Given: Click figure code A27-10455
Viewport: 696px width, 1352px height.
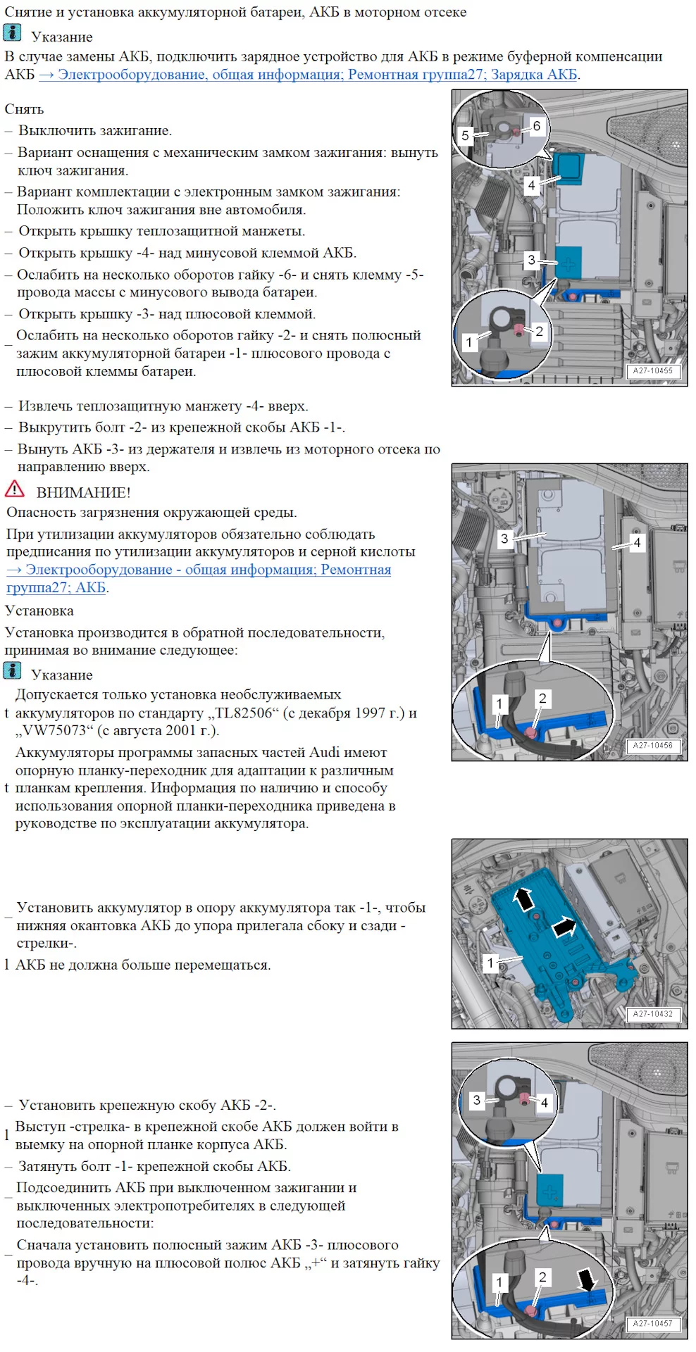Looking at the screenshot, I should click(652, 371).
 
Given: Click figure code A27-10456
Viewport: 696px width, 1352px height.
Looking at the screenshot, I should click(652, 746).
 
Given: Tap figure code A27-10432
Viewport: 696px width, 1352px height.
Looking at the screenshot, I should click(652, 1014).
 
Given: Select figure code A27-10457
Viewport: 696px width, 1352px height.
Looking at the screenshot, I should click(652, 1324).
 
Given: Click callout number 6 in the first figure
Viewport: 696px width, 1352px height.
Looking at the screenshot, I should click(536, 126).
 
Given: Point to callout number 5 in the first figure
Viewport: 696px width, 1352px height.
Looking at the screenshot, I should click(465, 135).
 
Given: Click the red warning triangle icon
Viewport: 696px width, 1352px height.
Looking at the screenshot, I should click(14, 489).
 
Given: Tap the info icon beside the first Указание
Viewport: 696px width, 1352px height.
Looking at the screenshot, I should click(13, 33).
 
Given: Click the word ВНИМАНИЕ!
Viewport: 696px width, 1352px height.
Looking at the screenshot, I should click(83, 493).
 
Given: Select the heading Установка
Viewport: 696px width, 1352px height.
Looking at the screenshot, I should click(39, 611).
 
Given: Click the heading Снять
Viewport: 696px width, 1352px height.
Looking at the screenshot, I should click(24, 109).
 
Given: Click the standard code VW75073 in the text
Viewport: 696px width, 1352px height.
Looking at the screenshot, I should click(54, 731).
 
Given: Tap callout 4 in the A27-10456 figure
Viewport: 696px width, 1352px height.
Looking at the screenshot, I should click(637, 542).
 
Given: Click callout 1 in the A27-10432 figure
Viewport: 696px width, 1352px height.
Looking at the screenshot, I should click(491, 963).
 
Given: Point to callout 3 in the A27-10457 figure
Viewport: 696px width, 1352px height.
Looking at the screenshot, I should click(477, 1100).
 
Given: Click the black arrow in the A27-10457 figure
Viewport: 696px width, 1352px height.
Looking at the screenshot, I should click(587, 1278).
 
